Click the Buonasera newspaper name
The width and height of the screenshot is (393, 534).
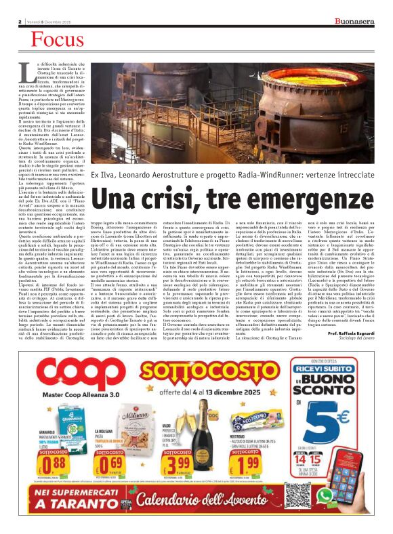coord(356,22)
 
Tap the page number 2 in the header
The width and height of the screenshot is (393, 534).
coord(20,22)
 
